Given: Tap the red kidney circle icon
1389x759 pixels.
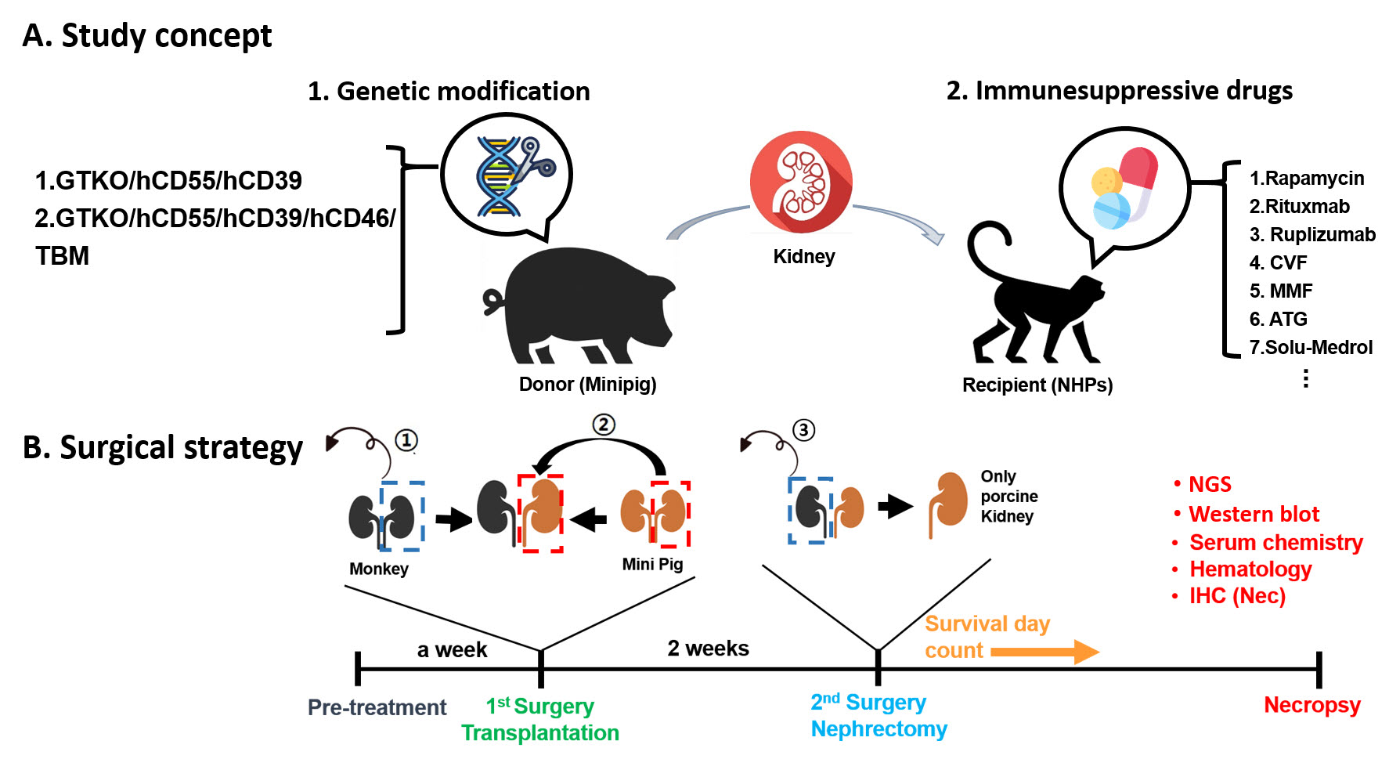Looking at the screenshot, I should click(800, 182).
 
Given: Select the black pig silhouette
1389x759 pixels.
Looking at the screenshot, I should click(583, 305).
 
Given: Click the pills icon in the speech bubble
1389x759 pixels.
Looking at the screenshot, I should click(1124, 188).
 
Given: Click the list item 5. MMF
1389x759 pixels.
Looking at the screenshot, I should click(1281, 291).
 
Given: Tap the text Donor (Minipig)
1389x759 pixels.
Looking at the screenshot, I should click(587, 385).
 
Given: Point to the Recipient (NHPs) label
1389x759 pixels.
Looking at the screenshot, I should click(1037, 385).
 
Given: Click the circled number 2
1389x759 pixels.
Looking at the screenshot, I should click(603, 425).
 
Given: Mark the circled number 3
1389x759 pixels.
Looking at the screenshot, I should click(803, 430).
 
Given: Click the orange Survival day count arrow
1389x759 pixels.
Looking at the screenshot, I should click(1045, 652).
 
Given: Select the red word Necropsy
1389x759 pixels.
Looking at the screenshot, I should click(1311, 705).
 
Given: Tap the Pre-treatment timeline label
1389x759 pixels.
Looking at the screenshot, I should click(377, 707).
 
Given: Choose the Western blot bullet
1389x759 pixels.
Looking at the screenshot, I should click(1253, 515).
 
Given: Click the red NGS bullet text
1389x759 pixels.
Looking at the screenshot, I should click(1210, 485).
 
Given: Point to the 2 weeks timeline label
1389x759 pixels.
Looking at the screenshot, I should click(708, 649).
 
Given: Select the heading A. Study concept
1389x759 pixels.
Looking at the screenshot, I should click(147, 36).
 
